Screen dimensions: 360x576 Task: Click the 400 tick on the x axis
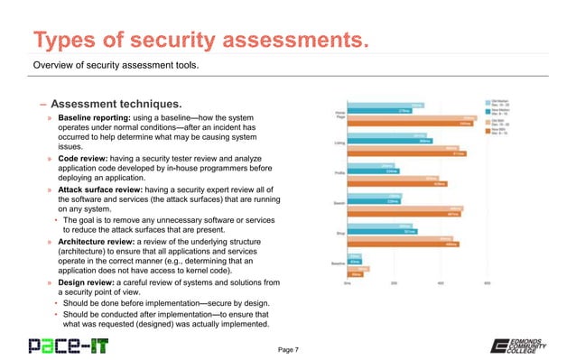tap(441, 282)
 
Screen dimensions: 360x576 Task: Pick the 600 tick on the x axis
tap(488, 282)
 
